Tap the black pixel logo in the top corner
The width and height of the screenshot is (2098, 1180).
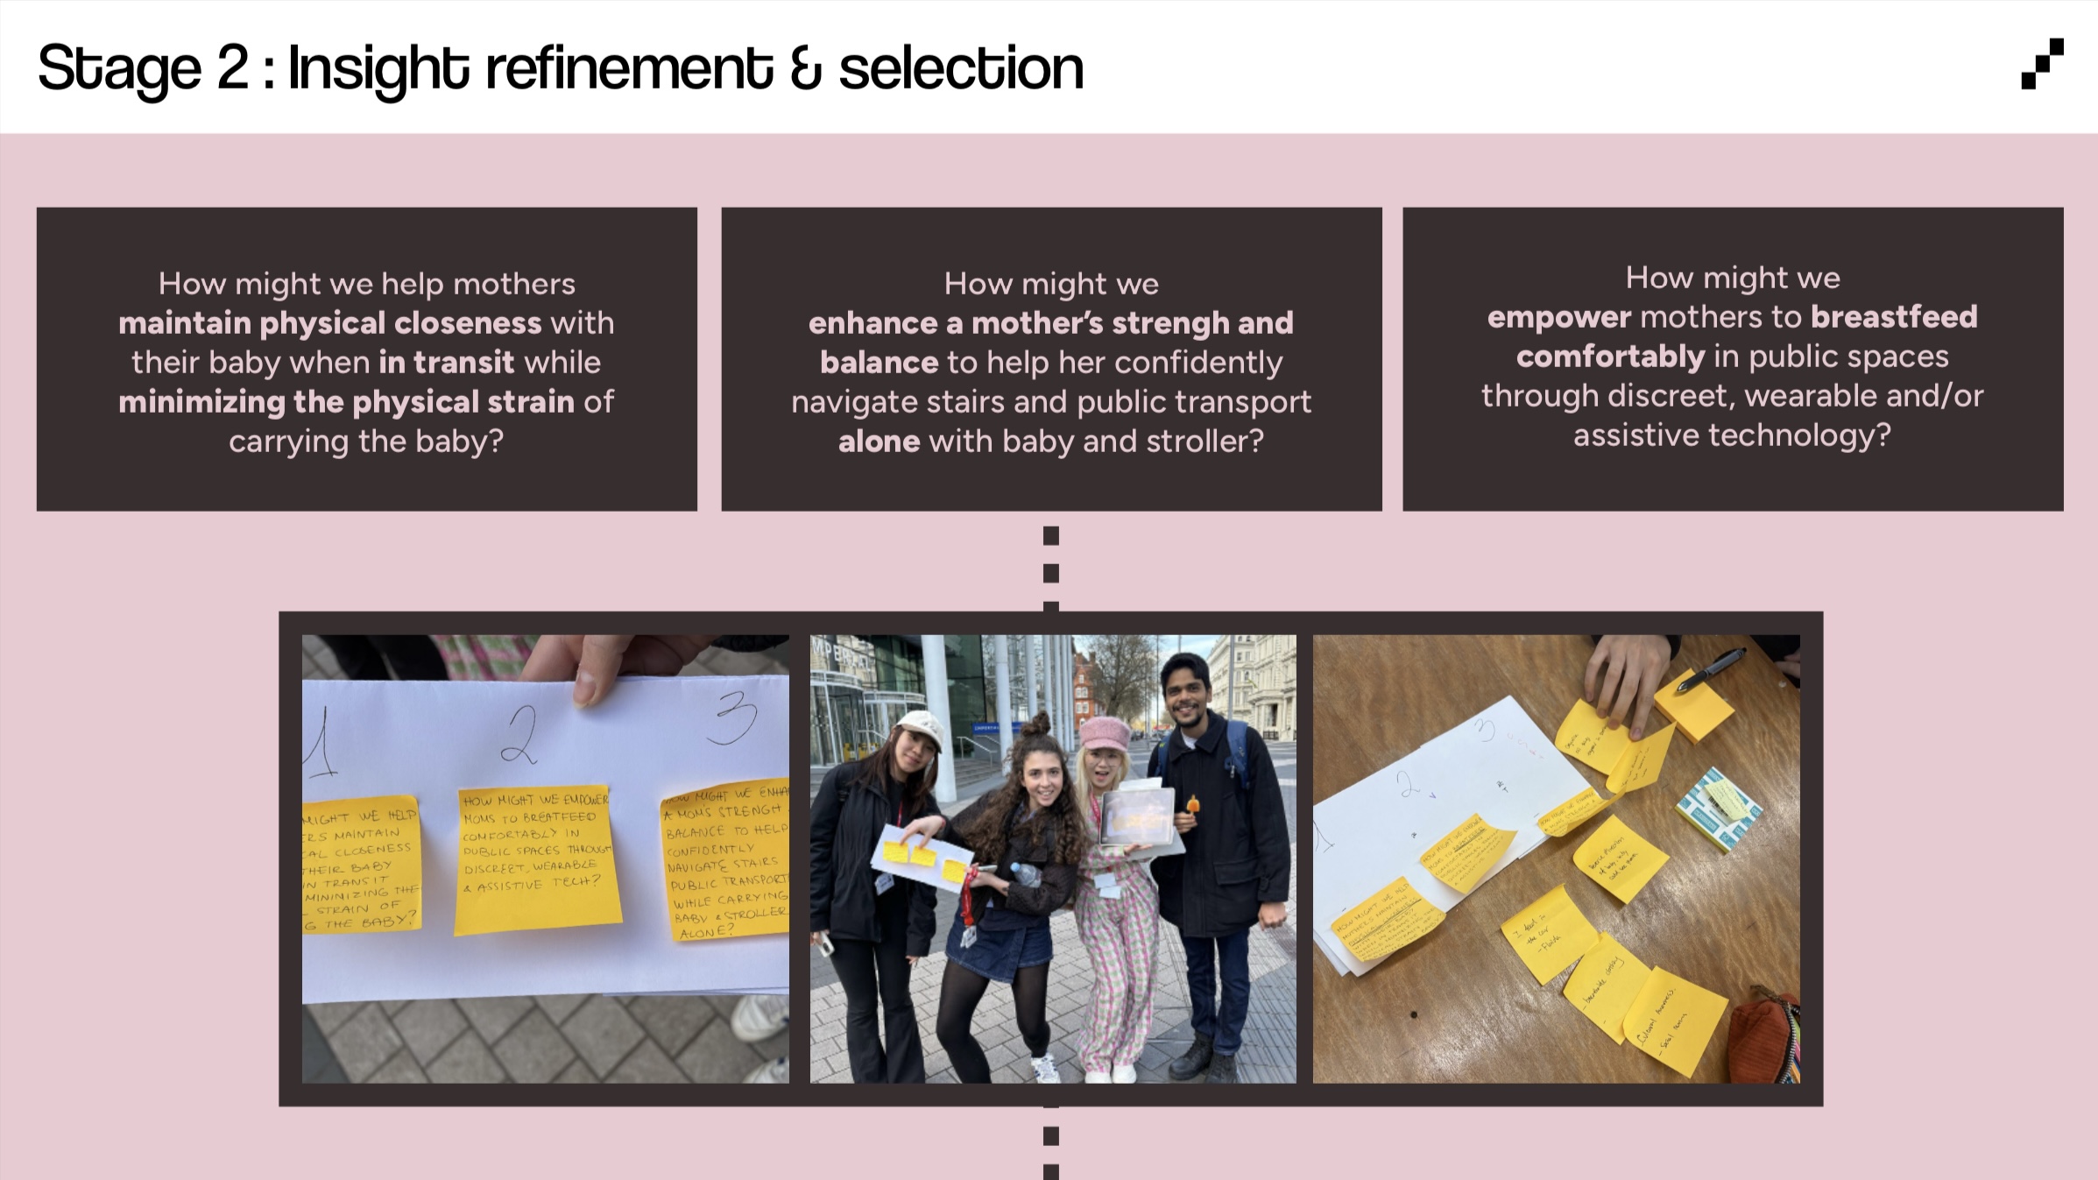pos(2041,64)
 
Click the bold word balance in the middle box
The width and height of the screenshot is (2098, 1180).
pos(879,363)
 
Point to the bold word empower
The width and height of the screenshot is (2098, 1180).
pos(1558,317)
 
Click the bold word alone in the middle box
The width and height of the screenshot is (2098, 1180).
pos(879,442)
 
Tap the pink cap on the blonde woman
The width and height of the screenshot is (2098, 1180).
pos(1106,731)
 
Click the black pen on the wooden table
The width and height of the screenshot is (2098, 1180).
pos(1710,669)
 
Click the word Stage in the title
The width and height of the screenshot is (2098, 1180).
pos(119,68)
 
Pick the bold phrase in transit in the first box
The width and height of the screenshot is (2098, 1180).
pos(446,363)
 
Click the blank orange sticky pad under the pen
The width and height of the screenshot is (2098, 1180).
pos(1692,705)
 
